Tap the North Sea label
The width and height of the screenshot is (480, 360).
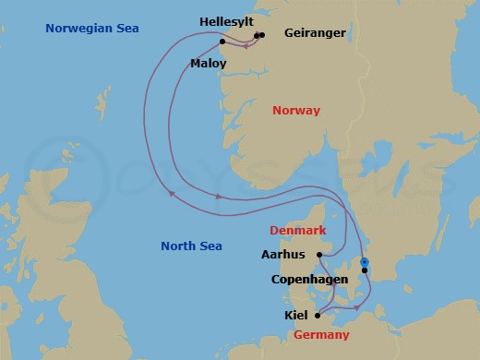(x=192, y=246)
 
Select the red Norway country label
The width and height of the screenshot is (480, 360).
(x=296, y=111)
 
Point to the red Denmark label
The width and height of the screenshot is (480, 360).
(x=297, y=229)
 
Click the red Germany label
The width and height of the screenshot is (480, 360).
(x=321, y=334)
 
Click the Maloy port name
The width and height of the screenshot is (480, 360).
(x=208, y=64)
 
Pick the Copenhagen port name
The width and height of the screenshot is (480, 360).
(x=309, y=279)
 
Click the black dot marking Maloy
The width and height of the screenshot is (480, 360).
(x=222, y=42)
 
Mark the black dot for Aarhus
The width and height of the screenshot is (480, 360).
(x=318, y=256)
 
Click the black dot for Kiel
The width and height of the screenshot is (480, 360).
(x=317, y=316)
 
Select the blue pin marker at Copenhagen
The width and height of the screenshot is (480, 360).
(x=365, y=263)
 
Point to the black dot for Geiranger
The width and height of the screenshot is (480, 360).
(x=262, y=35)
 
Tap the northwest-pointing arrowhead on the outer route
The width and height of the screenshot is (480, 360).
(x=171, y=193)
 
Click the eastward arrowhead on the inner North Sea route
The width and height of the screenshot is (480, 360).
(x=219, y=197)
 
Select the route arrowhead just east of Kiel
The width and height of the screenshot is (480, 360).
(x=356, y=306)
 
